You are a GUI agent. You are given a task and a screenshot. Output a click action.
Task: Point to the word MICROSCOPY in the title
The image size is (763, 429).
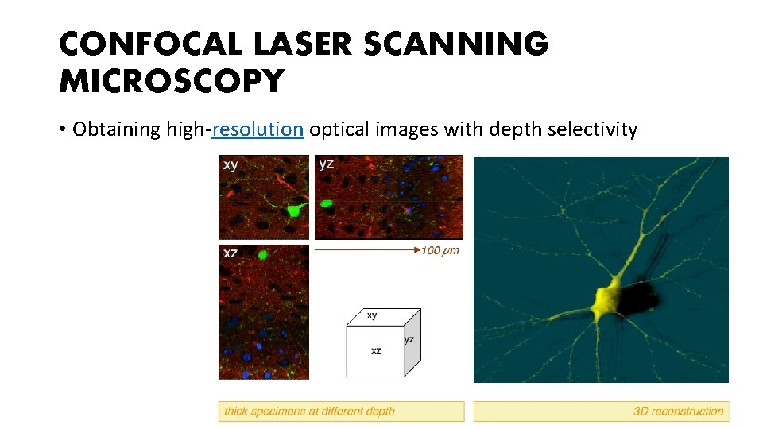[x=171, y=81]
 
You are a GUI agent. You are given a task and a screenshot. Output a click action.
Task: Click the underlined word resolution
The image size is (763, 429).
[x=258, y=129]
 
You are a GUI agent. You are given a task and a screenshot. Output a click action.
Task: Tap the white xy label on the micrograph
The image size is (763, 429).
[x=230, y=165]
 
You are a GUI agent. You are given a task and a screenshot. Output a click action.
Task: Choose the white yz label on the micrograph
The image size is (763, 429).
[x=326, y=164]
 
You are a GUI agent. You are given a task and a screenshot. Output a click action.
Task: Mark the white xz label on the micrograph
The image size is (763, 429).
[x=230, y=253]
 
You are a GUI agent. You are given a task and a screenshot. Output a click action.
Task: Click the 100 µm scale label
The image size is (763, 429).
[x=440, y=251]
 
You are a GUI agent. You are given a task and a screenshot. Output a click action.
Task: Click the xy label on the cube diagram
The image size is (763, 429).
[x=372, y=315]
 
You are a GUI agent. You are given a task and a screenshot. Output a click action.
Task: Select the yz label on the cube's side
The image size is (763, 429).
[x=409, y=340]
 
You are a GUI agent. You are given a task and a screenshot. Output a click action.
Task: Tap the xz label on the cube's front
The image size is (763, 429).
[x=375, y=350]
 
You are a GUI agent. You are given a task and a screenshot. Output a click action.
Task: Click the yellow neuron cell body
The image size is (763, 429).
[x=607, y=300]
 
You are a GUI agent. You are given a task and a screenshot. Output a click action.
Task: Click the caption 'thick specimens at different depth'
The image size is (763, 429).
[x=310, y=411]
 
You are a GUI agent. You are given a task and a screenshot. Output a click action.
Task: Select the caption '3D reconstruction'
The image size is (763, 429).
[x=678, y=411]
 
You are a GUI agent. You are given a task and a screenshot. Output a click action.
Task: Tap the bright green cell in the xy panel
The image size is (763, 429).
[x=295, y=210]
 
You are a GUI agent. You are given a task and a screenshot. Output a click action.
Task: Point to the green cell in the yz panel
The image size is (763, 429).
[x=326, y=203]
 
